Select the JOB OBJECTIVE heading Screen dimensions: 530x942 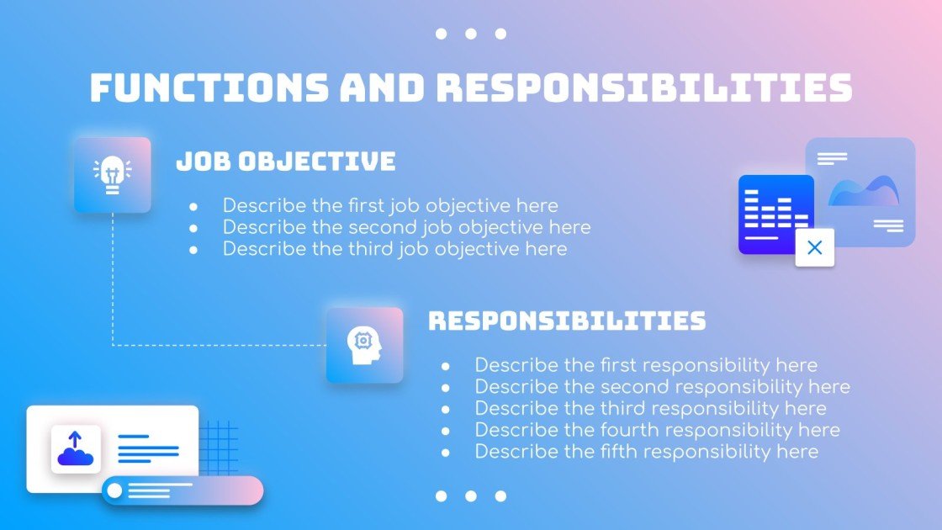286,162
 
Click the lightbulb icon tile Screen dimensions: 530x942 112,175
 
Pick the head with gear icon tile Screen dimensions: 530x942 364,345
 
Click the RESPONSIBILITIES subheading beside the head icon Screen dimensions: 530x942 567,321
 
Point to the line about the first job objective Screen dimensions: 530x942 390,205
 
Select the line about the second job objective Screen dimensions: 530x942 406,227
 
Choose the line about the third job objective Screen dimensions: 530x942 394,249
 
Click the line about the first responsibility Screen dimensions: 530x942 646,365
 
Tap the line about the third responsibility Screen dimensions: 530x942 650,409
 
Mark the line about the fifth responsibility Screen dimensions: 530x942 646,452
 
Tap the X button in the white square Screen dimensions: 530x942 814,247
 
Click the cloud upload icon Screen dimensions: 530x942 76,449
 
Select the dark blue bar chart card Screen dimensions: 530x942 775,214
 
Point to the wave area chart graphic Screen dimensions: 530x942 863,191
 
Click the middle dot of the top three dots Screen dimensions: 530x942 471,34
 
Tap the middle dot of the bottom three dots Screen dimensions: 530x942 471,496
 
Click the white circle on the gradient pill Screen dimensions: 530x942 114,490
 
